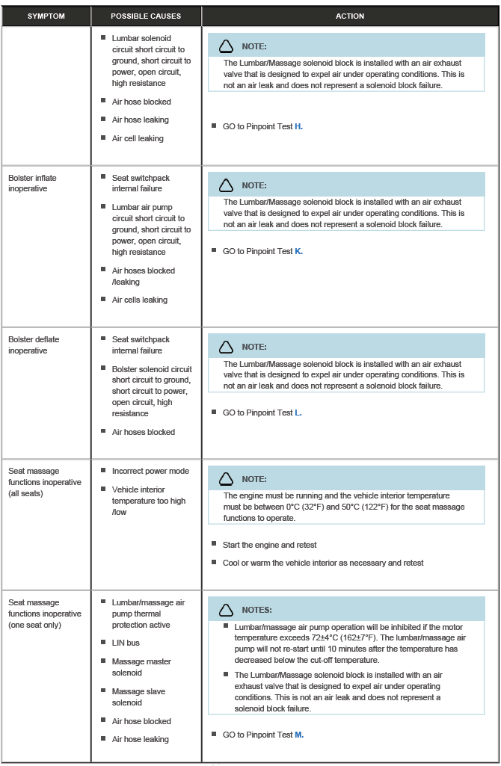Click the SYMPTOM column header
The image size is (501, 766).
[46, 16]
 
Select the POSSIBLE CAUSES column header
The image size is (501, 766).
[146, 16]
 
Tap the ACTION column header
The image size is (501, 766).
[350, 16]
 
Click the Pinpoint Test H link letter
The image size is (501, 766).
[298, 126]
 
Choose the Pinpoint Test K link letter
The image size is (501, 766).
[298, 251]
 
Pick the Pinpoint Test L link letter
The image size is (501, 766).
[298, 413]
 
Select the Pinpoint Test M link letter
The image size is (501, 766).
[299, 735]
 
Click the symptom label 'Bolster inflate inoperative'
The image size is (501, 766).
[32, 183]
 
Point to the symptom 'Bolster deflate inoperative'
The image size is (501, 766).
[34, 345]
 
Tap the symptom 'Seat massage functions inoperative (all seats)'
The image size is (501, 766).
[44, 482]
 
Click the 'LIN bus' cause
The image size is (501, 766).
[126, 643]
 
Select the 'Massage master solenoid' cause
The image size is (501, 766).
[141, 667]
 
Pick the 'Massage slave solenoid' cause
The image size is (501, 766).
[138, 696]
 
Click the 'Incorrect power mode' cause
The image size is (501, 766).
[150, 471]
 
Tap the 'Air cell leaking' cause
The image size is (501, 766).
[138, 138]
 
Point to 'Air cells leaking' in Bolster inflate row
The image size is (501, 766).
[140, 300]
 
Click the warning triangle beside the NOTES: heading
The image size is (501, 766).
[226, 610]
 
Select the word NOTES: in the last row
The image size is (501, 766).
[256, 610]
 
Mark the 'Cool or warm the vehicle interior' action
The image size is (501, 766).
[323, 563]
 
